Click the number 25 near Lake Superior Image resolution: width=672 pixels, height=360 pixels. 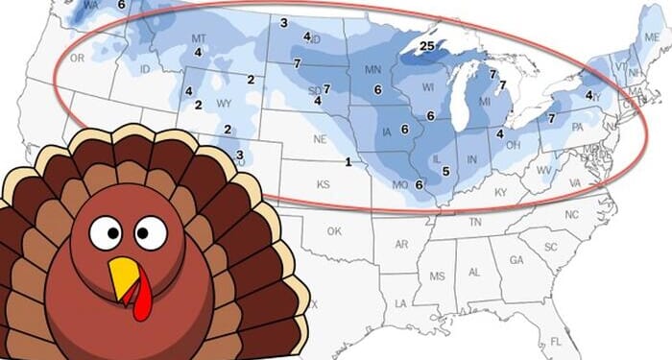tap(428, 45)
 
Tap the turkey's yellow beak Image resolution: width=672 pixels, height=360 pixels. tap(124, 276)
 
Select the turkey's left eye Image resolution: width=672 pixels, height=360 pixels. tap(105, 230)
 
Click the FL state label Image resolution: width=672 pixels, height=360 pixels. tap(556, 342)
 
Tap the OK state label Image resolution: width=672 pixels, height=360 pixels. tap(334, 231)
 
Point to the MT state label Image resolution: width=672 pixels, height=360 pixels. tap(199, 38)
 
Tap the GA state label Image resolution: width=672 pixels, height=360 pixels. tap(516, 260)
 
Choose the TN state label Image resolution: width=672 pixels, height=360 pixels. tap(474, 222)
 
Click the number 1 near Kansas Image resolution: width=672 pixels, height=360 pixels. tap(348, 161)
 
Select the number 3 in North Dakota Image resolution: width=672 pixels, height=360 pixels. tap(284, 21)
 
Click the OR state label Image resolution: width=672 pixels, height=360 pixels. tap(78, 59)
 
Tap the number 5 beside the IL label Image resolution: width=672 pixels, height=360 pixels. tap(445, 171)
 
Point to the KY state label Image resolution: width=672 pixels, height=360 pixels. tap(500, 193)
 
